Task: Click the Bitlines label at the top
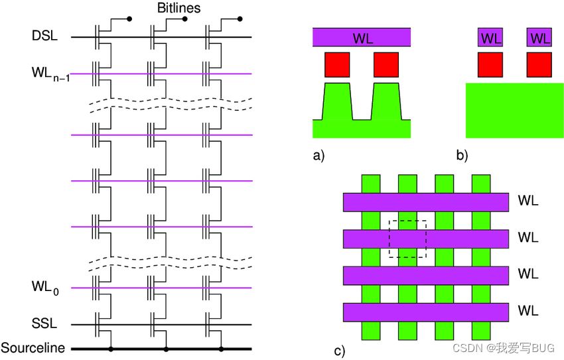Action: (178, 8)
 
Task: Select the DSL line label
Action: (44, 36)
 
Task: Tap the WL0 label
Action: (44, 287)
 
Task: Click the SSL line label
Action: (44, 324)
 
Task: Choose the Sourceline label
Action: (33, 348)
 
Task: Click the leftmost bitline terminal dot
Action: (129, 19)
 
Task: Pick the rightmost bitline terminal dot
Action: (240, 19)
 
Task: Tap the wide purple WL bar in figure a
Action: (362, 38)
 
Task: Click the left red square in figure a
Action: (336, 64)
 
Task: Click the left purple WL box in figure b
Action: (490, 38)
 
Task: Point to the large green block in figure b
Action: (515, 110)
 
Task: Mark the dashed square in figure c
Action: (407, 239)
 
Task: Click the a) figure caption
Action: (319, 156)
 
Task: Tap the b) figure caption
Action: (462, 156)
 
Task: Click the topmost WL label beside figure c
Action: (528, 200)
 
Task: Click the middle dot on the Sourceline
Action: (166, 348)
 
